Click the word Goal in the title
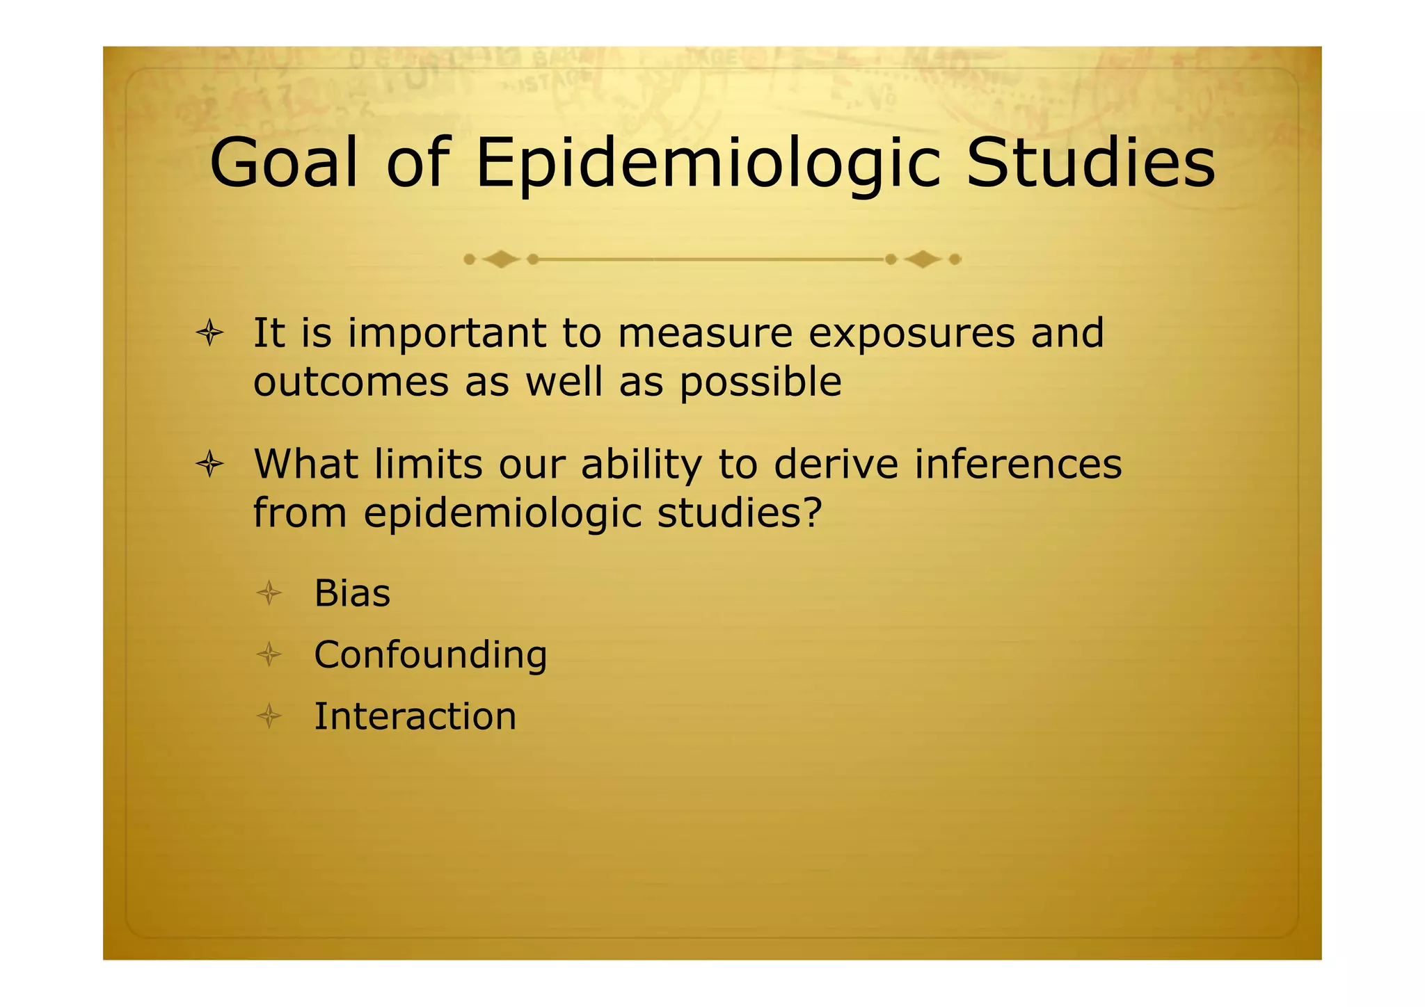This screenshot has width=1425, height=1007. pos(283,163)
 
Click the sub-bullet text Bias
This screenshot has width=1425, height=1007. pos(352,594)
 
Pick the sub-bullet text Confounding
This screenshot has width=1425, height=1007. pos(430,656)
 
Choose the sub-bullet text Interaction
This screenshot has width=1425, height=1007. pos(415,716)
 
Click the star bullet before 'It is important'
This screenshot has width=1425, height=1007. pos(209,334)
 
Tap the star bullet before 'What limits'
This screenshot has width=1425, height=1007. pos(209,464)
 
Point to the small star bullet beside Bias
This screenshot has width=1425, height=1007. pos(269,594)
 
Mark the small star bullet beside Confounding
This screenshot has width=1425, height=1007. pos(269,655)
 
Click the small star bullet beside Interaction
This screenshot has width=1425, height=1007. pos(269,716)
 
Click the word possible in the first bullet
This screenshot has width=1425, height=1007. pos(760,383)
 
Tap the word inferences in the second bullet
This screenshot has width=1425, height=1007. pos(1018,464)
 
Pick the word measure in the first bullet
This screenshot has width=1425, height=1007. pos(704,334)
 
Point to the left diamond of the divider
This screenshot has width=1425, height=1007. pos(501,259)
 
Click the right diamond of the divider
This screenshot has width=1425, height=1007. pos(923,259)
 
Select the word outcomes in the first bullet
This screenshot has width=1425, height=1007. pos(351,383)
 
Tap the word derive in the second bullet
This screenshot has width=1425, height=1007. pos(836,464)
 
